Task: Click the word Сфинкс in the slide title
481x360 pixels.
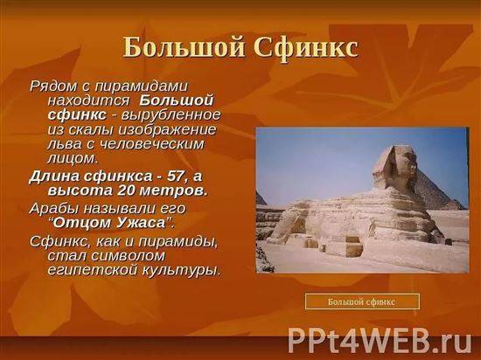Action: pyautogui.click(x=305, y=47)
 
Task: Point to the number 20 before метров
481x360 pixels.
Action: pyautogui.click(x=126, y=190)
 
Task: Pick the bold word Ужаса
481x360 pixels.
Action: pyautogui.click(x=141, y=223)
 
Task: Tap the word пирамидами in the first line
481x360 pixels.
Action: pyautogui.click(x=141, y=87)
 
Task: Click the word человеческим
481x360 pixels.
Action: pyautogui.click(x=151, y=144)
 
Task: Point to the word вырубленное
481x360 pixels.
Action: pyautogui.click(x=171, y=115)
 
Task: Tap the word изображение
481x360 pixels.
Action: pyautogui.click(x=167, y=130)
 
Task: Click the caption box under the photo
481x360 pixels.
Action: pyautogui.click(x=362, y=301)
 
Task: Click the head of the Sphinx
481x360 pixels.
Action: pyautogui.click(x=395, y=165)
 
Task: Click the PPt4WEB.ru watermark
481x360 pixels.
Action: pyautogui.click(x=380, y=341)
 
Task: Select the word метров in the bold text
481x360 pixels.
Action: pyautogui.click(x=173, y=190)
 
